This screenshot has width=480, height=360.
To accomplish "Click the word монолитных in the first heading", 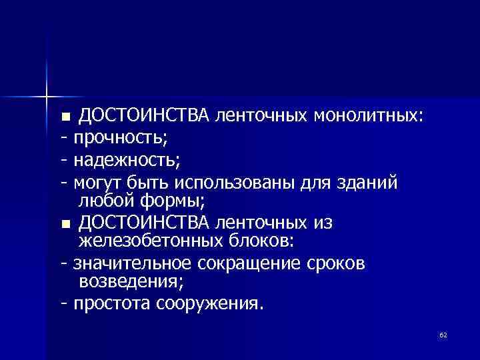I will [x=366, y=117].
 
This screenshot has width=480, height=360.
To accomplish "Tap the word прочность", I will [x=120, y=139].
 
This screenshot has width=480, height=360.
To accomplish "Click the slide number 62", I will [x=443, y=334].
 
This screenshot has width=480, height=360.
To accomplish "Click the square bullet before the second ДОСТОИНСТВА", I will [x=65, y=225].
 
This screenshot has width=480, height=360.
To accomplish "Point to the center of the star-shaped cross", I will [x=47, y=95].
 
